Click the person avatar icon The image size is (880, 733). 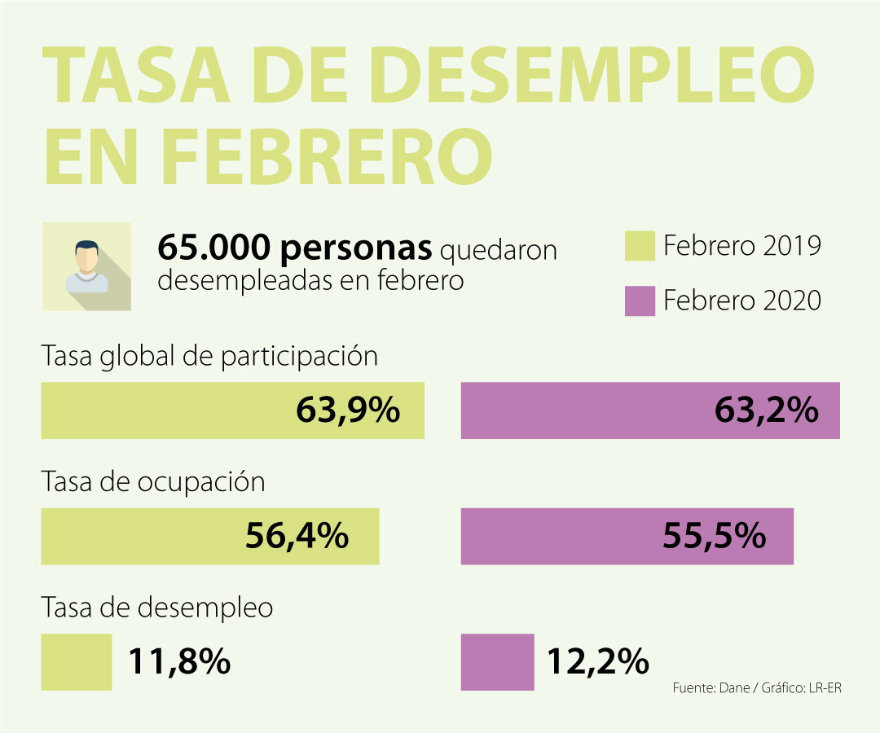click(x=86, y=266)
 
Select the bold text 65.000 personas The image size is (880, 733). click(x=294, y=248)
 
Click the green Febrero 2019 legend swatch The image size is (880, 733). click(x=640, y=246)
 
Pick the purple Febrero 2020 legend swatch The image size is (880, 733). click(x=640, y=301)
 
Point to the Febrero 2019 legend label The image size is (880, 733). click(x=741, y=246)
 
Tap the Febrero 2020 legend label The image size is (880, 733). click(x=741, y=301)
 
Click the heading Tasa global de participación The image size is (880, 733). click(x=209, y=356)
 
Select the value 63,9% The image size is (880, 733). click(x=348, y=410)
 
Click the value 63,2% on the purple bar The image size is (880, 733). click(x=766, y=410)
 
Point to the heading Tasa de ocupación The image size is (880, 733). click(x=153, y=481)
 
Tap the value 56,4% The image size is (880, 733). click(x=297, y=537)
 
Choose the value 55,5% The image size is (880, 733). click(x=714, y=537)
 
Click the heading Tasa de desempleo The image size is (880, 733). click(x=156, y=608)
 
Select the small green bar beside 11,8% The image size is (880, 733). click(x=77, y=662)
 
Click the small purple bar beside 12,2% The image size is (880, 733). click(x=497, y=662)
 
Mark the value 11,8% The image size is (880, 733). click(x=179, y=662)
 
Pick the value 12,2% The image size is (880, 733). click(x=597, y=662)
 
